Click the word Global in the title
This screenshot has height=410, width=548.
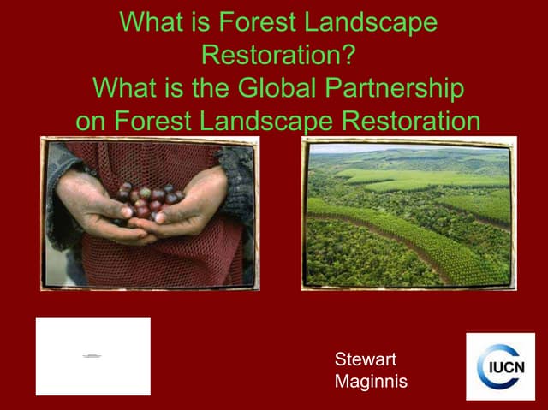281,88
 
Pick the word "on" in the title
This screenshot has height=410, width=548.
92,121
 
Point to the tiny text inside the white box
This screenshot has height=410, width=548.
93,354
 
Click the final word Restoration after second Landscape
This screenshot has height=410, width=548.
411,121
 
